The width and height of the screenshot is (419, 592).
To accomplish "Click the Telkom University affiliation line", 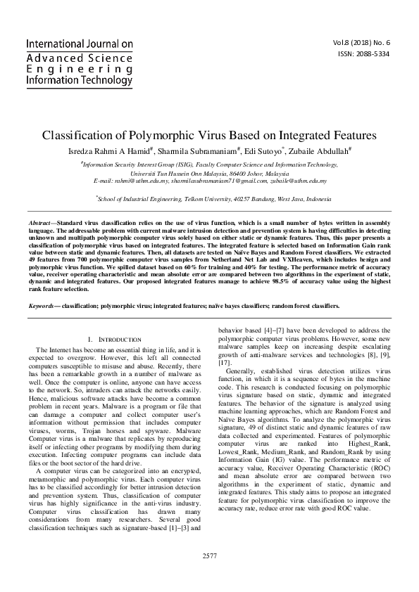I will click(x=210, y=199).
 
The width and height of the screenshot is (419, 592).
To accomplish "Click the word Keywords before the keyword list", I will click(x=43, y=306).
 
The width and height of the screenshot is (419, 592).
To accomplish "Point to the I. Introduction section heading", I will click(x=113, y=340).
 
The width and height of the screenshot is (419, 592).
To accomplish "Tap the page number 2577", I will click(x=209, y=555).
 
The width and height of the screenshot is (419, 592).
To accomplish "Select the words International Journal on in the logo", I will click(x=80, y=44).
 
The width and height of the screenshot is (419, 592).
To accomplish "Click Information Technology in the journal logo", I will click(x=79, y=79).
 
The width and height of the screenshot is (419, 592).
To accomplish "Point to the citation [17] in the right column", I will click(x=225, y=362).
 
